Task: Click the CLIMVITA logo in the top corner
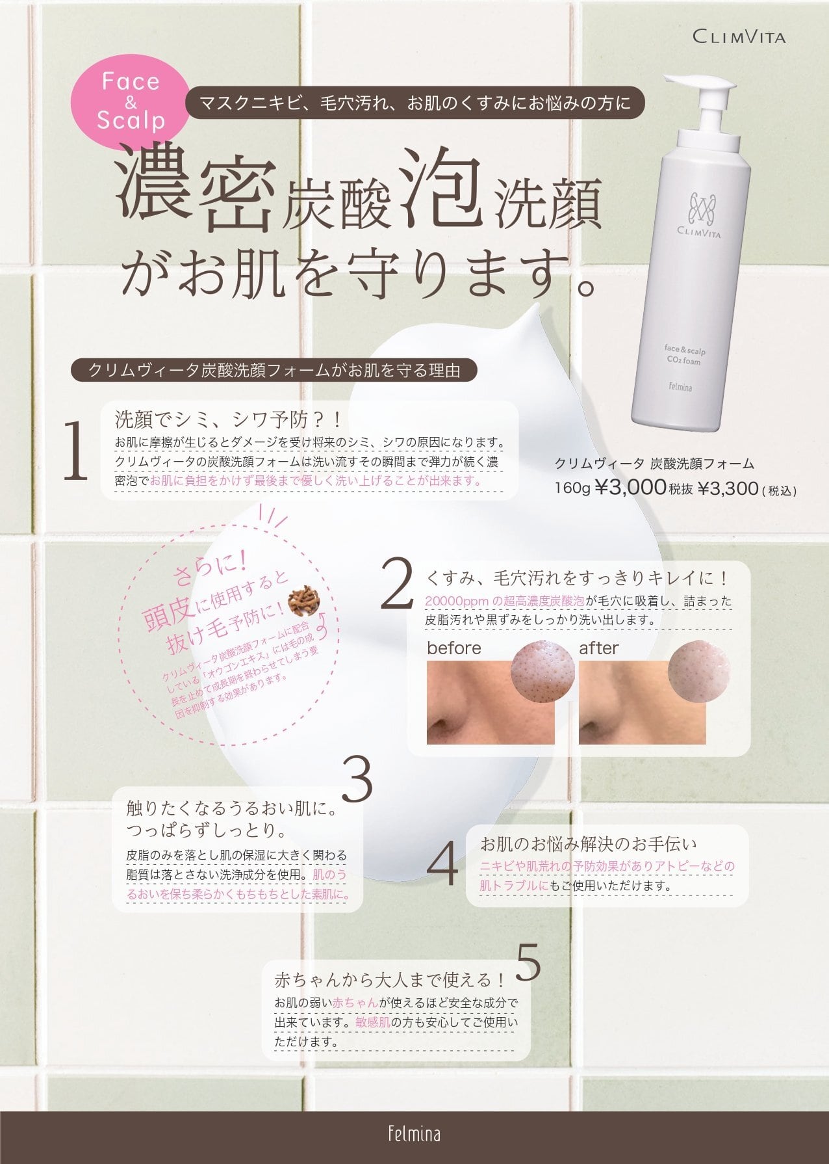pos(739,36)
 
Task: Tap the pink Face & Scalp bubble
pos(131,101)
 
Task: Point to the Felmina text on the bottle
pos(680,387)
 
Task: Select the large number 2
pos(396,583)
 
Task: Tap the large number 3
pos(357,778)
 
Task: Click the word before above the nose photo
pos(454,648)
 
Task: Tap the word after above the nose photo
pos(598,648)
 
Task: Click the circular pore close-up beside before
pos(543,672)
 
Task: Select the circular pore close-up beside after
pos(698,672)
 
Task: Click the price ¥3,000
pos(630,488)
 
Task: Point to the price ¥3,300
pos(728,488)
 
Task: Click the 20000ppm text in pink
pos(453,601)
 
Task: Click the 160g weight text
pos(572,488)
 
